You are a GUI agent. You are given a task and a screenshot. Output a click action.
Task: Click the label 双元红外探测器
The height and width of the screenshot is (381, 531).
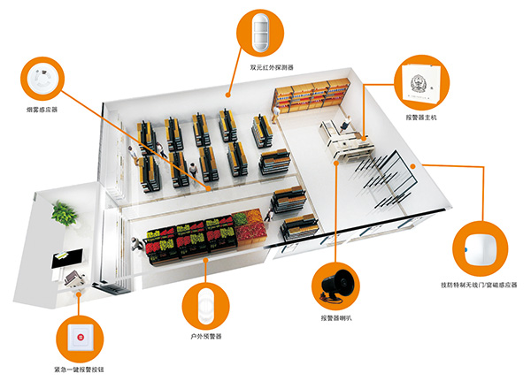tap(271, 67)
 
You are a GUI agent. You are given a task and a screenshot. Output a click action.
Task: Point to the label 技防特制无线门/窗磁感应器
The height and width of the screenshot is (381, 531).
tap(479, 285)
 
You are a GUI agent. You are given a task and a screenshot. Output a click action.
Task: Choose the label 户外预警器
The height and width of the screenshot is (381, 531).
tap(207, 337)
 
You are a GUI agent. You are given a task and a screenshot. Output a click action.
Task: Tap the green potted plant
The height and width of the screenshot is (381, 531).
tap(64, 211)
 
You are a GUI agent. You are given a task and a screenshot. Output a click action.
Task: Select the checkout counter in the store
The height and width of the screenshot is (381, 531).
tap(345, 138)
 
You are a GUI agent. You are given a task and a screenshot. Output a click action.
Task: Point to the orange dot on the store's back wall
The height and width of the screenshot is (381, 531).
tap(227, 93)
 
